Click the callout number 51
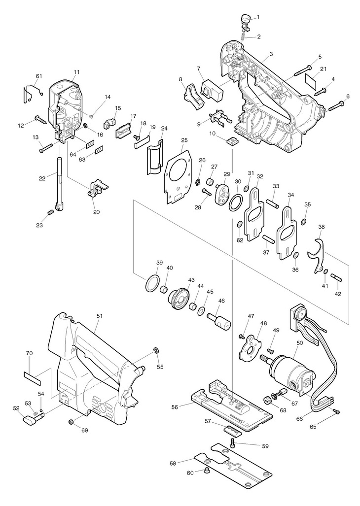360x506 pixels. pos(99,316)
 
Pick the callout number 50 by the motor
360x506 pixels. pos(300,343)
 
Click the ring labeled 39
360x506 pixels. pos(152,283)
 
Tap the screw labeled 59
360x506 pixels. pos(233,444)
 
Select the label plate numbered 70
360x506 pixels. pos(33,377)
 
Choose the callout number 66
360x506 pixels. pos(300,419)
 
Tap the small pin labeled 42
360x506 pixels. pos(336,276)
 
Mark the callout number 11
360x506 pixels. pos(76,72)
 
